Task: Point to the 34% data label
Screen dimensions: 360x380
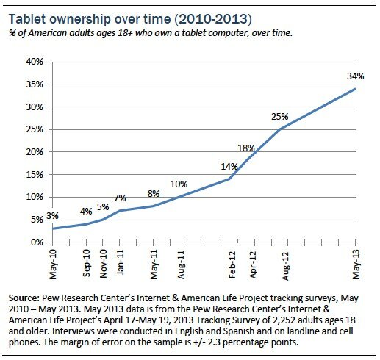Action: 356,76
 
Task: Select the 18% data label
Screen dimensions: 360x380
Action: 245,148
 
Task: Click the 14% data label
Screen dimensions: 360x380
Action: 229,167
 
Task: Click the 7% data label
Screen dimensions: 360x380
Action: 119,198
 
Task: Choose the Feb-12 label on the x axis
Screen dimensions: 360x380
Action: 232,262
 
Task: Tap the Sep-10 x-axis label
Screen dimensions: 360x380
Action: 86,262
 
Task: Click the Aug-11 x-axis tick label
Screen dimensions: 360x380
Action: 179,262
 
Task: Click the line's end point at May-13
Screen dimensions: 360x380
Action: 356,89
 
